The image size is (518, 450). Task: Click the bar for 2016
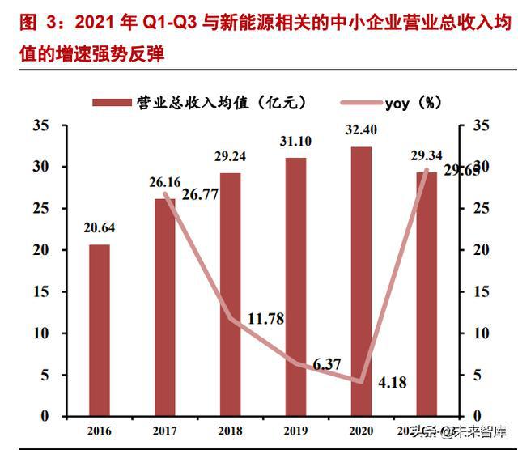tap(100, 330)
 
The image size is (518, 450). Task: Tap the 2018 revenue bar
tap(231, 295)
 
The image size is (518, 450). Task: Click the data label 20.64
tap(100, 228)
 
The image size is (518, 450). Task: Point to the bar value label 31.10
tap(296, 142)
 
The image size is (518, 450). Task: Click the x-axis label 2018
tap(231, 431)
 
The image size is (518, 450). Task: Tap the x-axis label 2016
tap(100, 431)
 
